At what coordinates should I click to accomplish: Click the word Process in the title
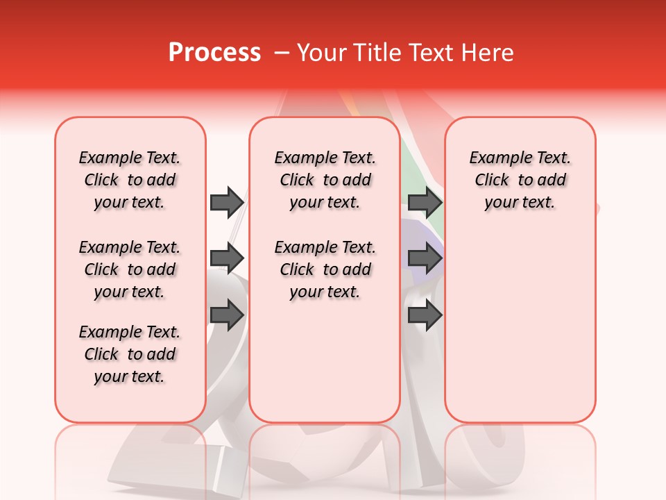coord(214,53)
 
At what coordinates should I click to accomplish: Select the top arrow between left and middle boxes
coord(227,202)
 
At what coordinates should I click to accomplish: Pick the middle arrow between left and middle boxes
coord(227,258)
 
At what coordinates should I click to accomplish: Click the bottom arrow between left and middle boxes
coord(227,315)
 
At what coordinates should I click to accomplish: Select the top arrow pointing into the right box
coord(425,202)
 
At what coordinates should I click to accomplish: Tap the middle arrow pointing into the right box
coord(425,258)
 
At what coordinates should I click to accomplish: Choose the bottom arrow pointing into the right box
coord(425,315)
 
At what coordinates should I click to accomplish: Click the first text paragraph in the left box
coord(130,180)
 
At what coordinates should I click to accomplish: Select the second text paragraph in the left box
coord(130,269)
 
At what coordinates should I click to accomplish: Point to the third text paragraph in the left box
coord(130,354)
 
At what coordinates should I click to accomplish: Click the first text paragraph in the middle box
coord(325,180)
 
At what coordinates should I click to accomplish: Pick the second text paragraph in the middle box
coord(325,269)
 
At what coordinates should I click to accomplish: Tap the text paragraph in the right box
coord(520,180)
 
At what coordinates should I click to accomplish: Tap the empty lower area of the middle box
coord(325,361)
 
